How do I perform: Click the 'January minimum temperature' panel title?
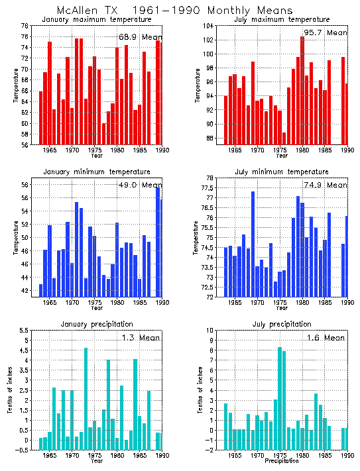point(96,172)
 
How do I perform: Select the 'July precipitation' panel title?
point(281,324)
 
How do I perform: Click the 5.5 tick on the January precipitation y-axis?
point(23,331)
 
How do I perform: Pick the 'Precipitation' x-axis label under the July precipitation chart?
point(281,461)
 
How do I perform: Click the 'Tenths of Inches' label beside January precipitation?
point(10,390)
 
